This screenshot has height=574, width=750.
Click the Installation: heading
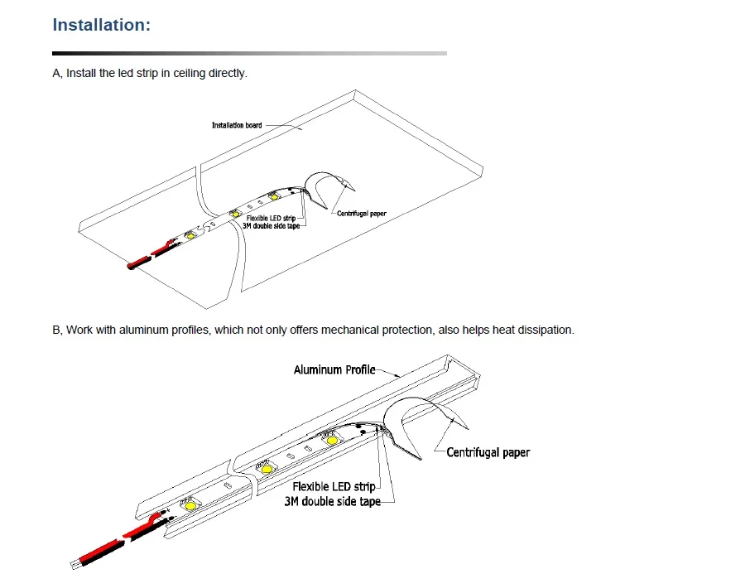(101, 25)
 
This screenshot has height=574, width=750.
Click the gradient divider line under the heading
(249, 53)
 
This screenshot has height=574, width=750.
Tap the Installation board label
(237, 125)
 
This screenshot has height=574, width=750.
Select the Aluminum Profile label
(334, 369)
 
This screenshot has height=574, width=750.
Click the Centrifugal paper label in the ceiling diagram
(362, 214)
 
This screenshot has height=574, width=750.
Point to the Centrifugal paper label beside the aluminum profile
(488, 452)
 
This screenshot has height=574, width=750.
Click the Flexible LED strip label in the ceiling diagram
(272, 219)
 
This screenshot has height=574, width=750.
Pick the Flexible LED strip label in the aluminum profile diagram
(334, 487)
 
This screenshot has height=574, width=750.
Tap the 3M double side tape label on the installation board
(272, 226)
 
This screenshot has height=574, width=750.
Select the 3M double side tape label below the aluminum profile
(333, 502)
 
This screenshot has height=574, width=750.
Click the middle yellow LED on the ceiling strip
(235, 214)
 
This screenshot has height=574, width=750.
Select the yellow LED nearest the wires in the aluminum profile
(190, 504)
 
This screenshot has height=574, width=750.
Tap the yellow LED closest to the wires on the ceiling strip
(190, 234)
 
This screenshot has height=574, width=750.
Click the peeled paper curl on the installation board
(329, 189)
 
